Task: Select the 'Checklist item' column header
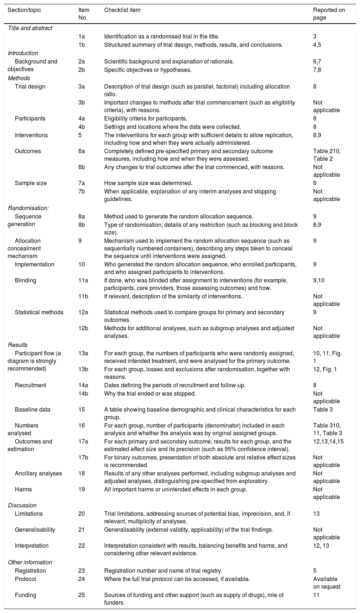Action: point(122,10)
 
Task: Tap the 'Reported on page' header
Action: point(329,14)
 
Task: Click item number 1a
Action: point(82,36)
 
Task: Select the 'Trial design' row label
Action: point(30,86)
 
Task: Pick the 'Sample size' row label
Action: point(31,183)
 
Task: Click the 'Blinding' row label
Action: point(25,280)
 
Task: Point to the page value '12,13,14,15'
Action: point(328,441)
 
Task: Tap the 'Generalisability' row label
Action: point(35,530)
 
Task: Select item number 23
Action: point(82,571)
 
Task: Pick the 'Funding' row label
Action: point(25,595)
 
